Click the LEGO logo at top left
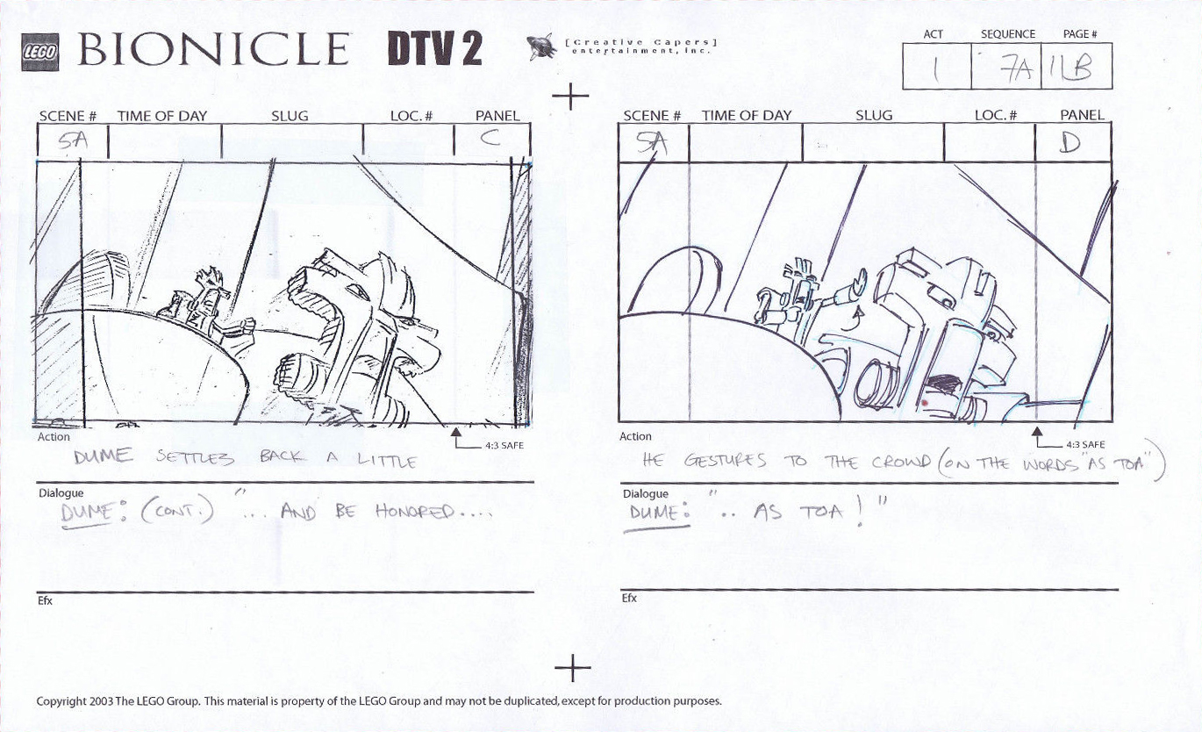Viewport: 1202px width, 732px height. (x=39, y=53)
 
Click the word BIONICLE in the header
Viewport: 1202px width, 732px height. (x=213, y=50)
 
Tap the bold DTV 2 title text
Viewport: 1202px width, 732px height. (x=434, y=50)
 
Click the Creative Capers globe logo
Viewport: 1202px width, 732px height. (x=542, y=47)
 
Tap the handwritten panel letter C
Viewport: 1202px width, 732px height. (x=490, y=139)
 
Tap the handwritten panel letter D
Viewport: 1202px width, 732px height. (x=1070, y=141)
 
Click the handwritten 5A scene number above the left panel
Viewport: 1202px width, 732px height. (x=71, y=142)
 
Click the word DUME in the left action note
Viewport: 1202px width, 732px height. (x=103, y=456)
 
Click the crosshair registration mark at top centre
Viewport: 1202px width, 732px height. (x=572, y=95)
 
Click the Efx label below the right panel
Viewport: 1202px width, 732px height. (x=629, y=599)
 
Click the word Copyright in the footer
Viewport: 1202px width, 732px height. (x=61, y=701)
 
